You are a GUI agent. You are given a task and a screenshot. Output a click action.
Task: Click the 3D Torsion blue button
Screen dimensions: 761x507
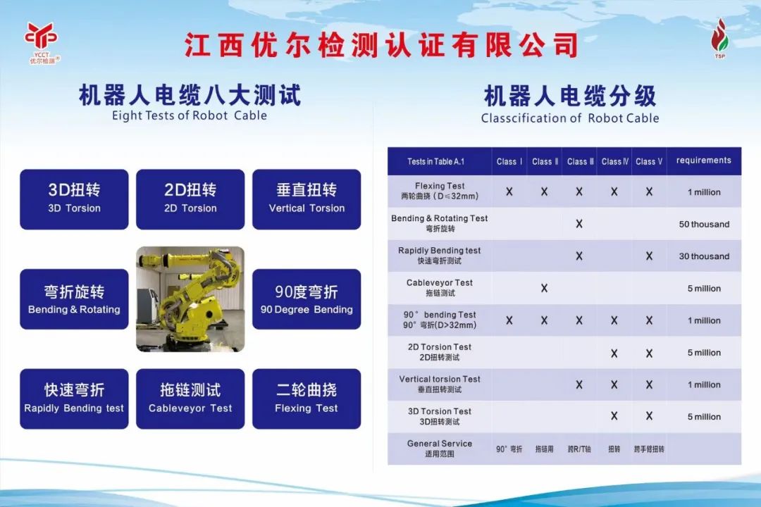[x=74, y=199]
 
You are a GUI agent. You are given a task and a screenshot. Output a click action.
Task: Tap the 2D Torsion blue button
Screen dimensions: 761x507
[x=190, y=199]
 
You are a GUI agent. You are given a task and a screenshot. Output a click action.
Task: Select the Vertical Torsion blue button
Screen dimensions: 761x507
[x=307, y=199]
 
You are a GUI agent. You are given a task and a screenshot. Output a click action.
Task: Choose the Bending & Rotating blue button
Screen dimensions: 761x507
[x=74, y=299]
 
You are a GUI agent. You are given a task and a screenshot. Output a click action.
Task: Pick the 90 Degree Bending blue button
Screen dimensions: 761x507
[x=307, y=299]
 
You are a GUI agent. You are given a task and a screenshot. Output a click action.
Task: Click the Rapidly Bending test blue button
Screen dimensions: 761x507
[x=74, y=399]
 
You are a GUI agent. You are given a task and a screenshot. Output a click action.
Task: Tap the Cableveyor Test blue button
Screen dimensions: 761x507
[x=190, y=399]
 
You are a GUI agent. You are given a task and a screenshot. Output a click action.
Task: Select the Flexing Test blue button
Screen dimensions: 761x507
[x=307, y=399]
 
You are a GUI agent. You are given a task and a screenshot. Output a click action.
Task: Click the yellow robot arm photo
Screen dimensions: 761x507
[x=190, y=299]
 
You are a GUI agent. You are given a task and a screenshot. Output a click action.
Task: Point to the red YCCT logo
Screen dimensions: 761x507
[x=42, y=43]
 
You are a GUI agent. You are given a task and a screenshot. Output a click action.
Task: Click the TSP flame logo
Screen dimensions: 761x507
[x=719, y=38]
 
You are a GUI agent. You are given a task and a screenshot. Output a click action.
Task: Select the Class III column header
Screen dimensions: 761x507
[x=581, y=161]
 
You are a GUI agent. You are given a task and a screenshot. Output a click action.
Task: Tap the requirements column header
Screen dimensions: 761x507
[x=704, y=161]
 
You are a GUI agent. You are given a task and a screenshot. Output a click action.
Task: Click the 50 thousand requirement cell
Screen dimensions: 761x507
[x=704, y=224]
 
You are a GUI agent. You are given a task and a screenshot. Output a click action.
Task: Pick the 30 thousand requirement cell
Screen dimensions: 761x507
[x=704, y=256]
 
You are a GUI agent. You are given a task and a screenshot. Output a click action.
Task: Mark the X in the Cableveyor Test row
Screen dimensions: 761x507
[x=544, y=288]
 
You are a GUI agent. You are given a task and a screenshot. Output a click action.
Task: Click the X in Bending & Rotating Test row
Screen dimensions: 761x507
[x=579, y=224]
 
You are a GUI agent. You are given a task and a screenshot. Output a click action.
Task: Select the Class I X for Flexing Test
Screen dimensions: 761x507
[x=509, y=192]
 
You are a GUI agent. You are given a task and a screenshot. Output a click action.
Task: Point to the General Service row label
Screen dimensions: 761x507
[x=440, y=449]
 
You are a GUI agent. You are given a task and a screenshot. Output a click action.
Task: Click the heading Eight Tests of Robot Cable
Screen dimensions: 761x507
[x=190, y=115]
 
